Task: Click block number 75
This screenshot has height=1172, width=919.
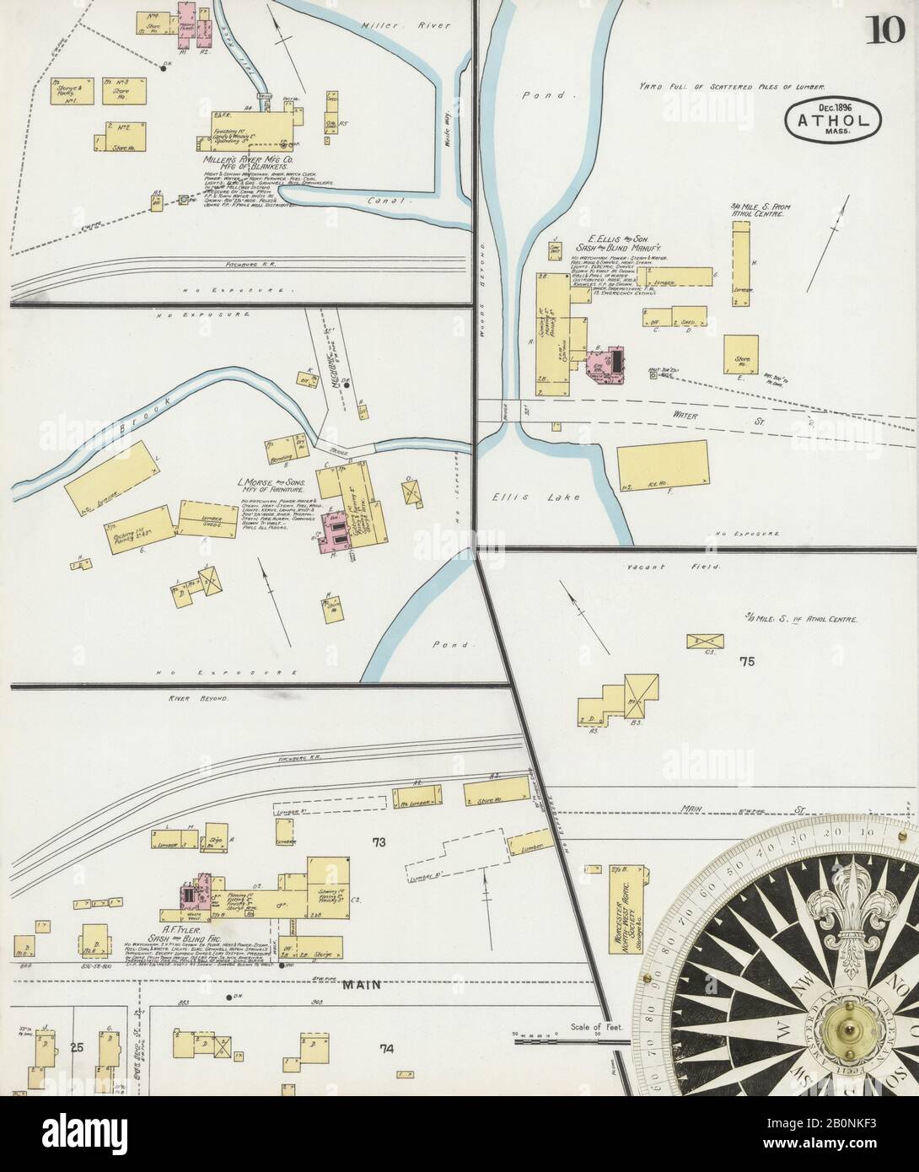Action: tap(746, 662)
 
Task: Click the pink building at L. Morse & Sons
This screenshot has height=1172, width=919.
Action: tap(331, 533)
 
